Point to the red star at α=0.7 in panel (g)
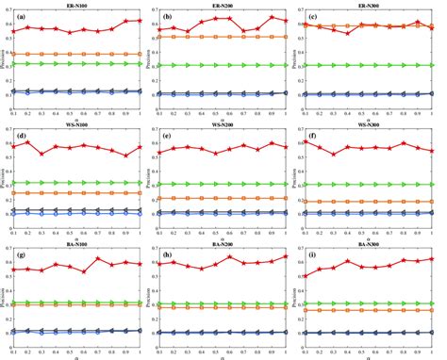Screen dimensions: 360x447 pyautogui.click(x=98, y=259)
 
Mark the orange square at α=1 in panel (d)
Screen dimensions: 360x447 pyautogui.click(x=141, y=193)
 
